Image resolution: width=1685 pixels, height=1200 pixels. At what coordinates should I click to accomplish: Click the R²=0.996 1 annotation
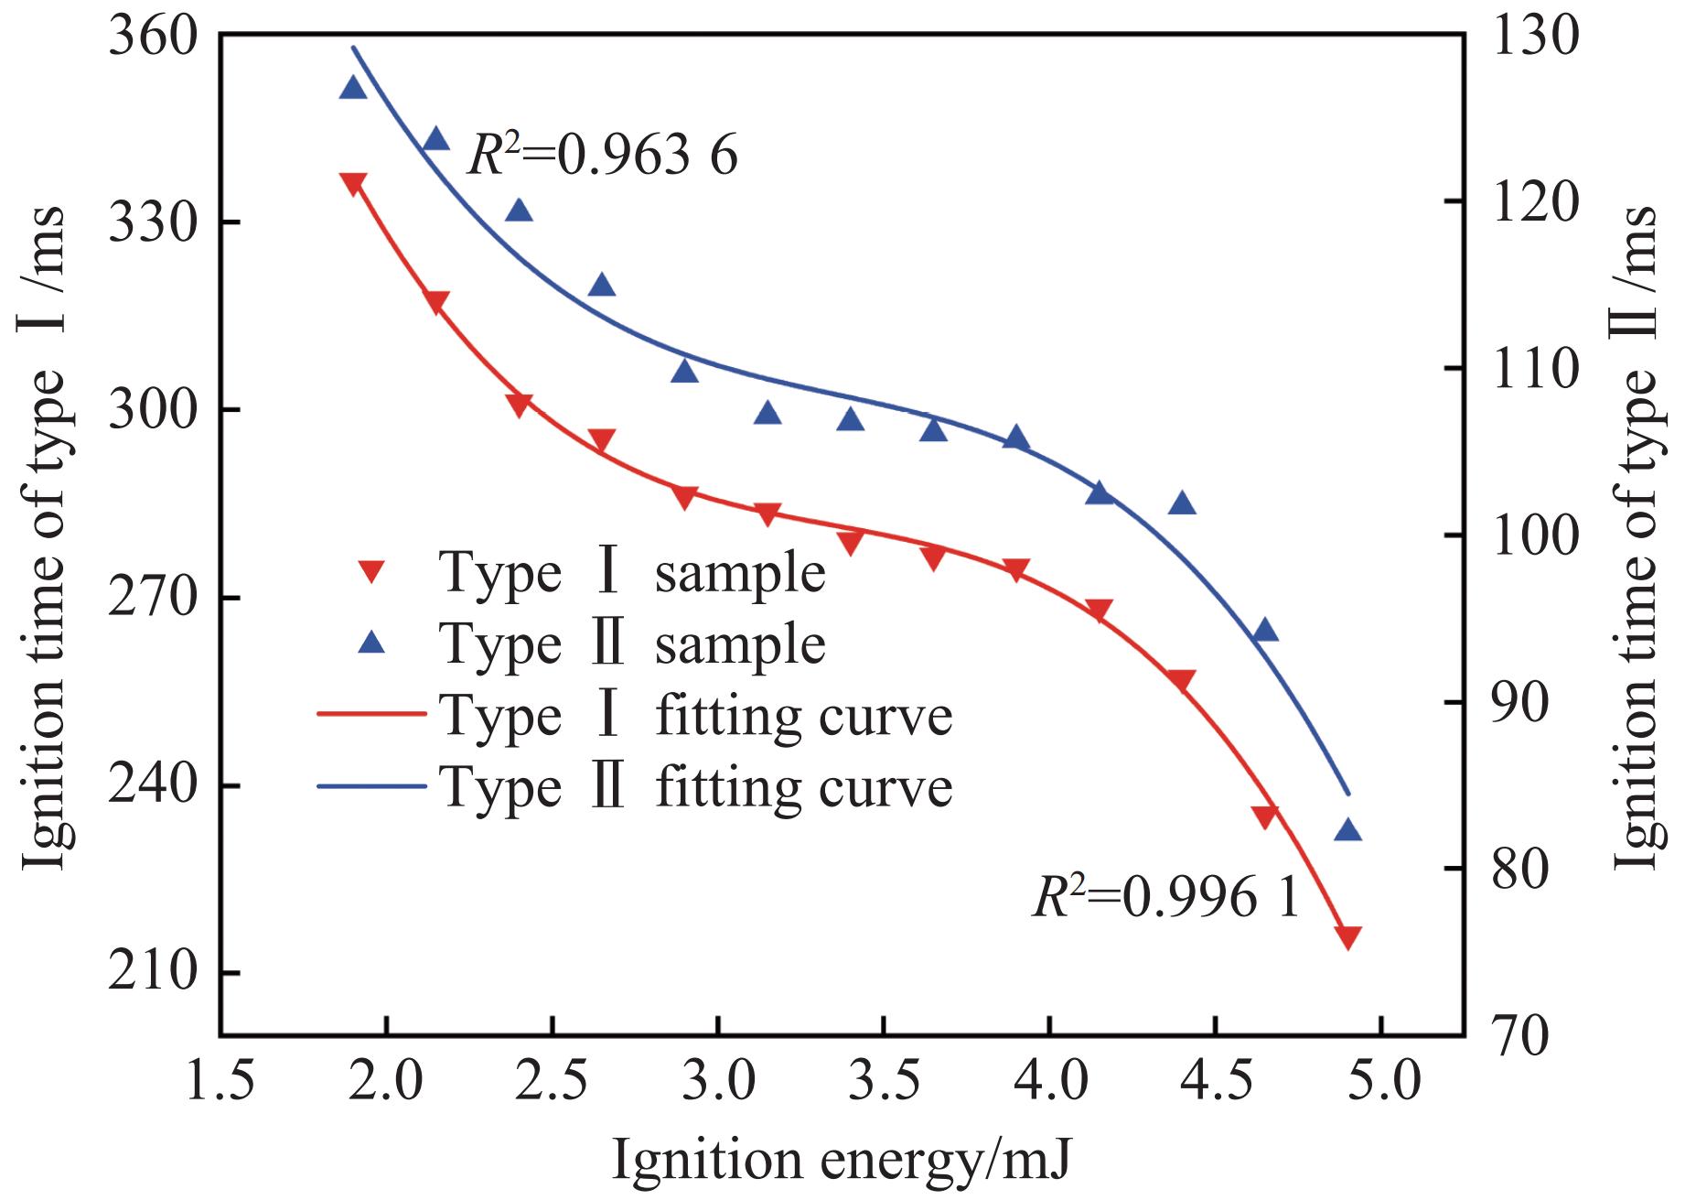coord(1165,897)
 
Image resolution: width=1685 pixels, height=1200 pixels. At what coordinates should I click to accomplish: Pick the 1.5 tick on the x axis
coord(220,1082)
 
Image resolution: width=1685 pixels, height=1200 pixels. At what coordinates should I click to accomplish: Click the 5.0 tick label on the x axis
coord(1380,1082)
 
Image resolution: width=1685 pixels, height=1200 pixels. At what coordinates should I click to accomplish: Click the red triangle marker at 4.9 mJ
coord(1347,936)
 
